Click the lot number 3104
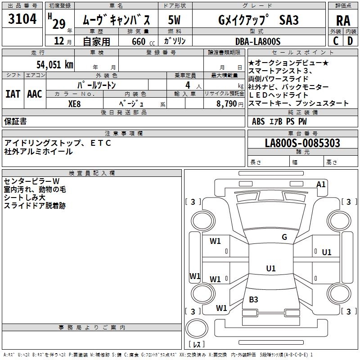point(22,19)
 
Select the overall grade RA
point(343,21)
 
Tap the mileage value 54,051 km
point(55,64)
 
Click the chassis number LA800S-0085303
point(302,143)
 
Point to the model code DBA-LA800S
point(258,41)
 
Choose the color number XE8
point(74,104)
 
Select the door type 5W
point(174,20)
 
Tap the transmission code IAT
point(13,94)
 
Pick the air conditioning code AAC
point(35,94)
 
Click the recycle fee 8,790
point(227,104)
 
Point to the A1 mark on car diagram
point(321,184)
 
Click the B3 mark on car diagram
point(253,299)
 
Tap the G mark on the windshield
point(284,237)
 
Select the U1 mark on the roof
point(271,268)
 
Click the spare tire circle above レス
point(197,328)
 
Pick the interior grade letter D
point(350,41)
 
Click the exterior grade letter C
point(336,41)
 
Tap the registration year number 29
point(59,24)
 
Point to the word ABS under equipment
point(258,121)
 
